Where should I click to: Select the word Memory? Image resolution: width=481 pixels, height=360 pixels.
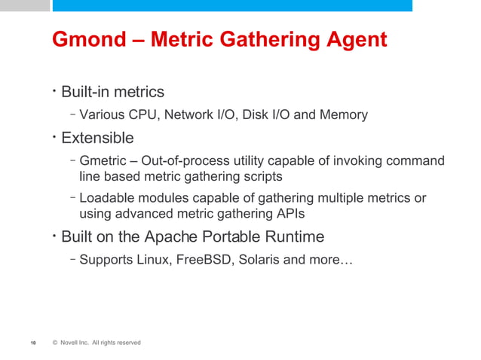tap(344, 115)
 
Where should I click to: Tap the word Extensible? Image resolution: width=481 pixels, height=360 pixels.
tap(97, 139)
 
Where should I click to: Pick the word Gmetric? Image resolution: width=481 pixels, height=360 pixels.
tap(103, 161)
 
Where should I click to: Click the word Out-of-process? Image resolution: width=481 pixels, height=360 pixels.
tap(189, 161)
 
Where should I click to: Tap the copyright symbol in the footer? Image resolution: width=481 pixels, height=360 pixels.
tap(55, 343)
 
